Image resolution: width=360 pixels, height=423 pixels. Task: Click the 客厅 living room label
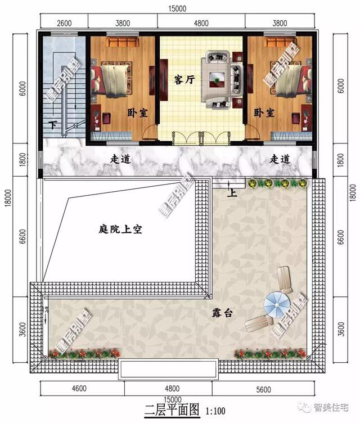184,80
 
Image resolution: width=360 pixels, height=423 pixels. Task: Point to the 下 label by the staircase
53,125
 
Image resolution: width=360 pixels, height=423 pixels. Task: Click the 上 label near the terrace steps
231,193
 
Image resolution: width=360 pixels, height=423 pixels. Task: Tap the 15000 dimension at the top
180,10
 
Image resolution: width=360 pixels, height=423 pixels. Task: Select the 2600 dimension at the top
65,23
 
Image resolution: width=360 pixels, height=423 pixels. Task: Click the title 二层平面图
172,409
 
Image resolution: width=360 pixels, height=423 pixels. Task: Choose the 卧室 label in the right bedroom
264,112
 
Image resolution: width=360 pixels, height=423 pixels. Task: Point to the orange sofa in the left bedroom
123,42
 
